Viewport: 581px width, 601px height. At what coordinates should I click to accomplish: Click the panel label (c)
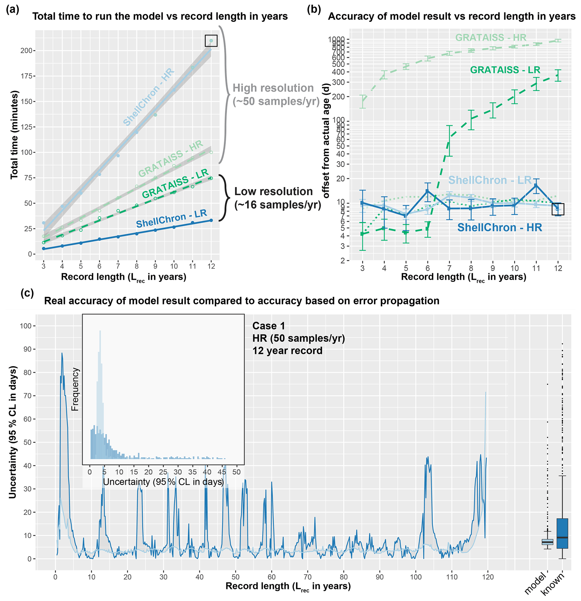[27, 293]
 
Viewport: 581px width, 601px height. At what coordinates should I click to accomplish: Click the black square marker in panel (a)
[211, 40]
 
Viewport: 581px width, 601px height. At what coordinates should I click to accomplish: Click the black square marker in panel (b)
[557, 209]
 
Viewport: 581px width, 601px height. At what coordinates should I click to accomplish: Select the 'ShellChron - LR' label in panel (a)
[171, 219]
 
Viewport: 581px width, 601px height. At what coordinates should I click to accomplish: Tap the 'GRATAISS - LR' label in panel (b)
[505, 70]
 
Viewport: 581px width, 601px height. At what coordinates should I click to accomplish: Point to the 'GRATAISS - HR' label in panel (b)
[490, 37]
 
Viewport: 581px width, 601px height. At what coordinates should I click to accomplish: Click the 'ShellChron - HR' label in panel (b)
[499, 227]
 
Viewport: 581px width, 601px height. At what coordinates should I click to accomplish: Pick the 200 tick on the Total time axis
[26, 51]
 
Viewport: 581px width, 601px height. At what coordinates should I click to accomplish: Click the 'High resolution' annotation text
[273, 88]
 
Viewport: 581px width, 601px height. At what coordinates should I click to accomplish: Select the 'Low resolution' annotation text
[273, 191]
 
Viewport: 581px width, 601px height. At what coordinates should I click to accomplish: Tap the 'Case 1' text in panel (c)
[269, 326]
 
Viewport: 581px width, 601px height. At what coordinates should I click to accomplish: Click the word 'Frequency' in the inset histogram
[75, 389]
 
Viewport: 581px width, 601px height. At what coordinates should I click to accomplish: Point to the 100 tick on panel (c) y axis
[26, 326]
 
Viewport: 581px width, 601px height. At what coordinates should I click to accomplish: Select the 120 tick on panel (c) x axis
[488, 577]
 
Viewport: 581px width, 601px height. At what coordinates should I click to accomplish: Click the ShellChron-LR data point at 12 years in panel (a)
[211, 220]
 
